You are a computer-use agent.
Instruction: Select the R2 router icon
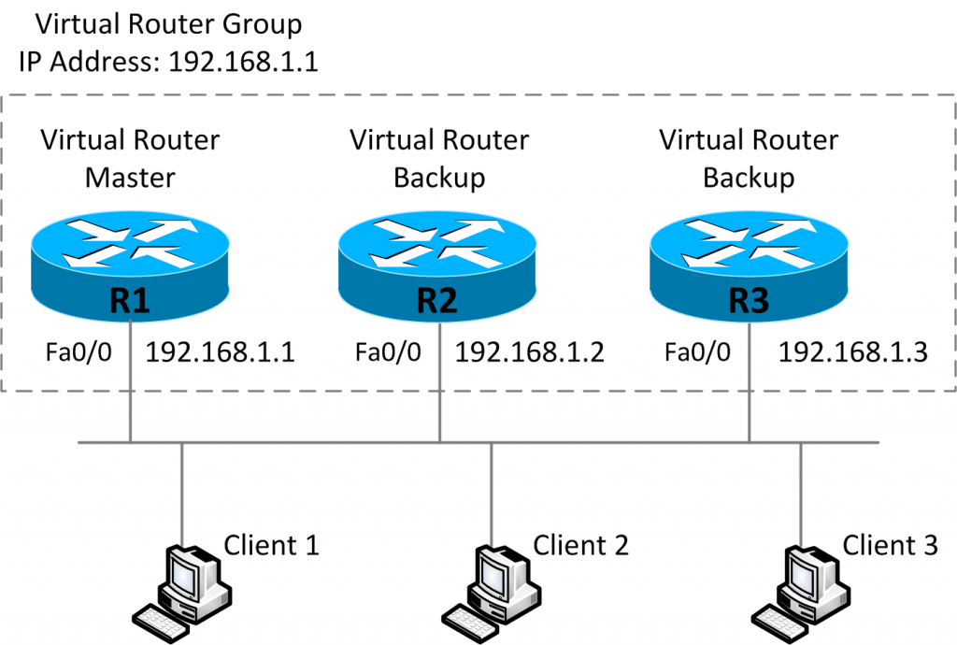click(438, 266)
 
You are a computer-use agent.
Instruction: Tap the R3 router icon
click(748, 266)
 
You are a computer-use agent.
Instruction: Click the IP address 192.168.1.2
click(529, 352)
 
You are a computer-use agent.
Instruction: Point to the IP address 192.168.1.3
click(852, 352)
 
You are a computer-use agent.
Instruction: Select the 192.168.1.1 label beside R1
click(221, 352)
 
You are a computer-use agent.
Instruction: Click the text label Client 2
click(580, 544)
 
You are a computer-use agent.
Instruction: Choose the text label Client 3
click(890, 544)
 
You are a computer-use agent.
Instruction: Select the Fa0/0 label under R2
click(388, 352)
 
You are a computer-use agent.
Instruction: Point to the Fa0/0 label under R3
click(696, 352)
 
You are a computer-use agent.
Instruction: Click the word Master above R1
click(130, 178)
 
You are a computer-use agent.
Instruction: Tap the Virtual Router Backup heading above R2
click(438, 159)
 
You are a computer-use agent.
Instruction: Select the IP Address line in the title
click(169, 63)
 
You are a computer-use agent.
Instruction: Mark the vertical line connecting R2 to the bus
click(439, 402)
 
